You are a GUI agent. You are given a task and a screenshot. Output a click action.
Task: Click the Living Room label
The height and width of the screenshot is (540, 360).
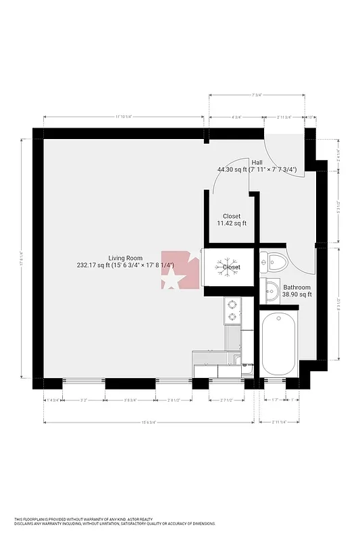point(125,258)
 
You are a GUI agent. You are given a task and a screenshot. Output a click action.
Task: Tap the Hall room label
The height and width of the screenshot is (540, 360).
point(257,162)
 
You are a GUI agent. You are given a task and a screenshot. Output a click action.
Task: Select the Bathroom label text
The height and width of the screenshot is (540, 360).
point(297,287)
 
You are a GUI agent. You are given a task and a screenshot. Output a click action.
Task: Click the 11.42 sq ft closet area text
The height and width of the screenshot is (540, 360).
point(231,223)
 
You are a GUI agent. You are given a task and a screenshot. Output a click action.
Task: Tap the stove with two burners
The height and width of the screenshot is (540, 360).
point(232,310)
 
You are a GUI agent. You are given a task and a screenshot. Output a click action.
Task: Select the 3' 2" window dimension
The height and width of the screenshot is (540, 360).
point(84,400)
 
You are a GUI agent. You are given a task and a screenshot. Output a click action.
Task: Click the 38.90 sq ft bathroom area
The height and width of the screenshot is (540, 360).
point(297,294)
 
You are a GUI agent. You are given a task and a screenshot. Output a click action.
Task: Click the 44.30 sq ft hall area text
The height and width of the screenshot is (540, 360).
point(231,169)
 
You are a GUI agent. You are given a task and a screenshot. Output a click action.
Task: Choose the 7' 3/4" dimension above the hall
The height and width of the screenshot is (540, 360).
point(256,95)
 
